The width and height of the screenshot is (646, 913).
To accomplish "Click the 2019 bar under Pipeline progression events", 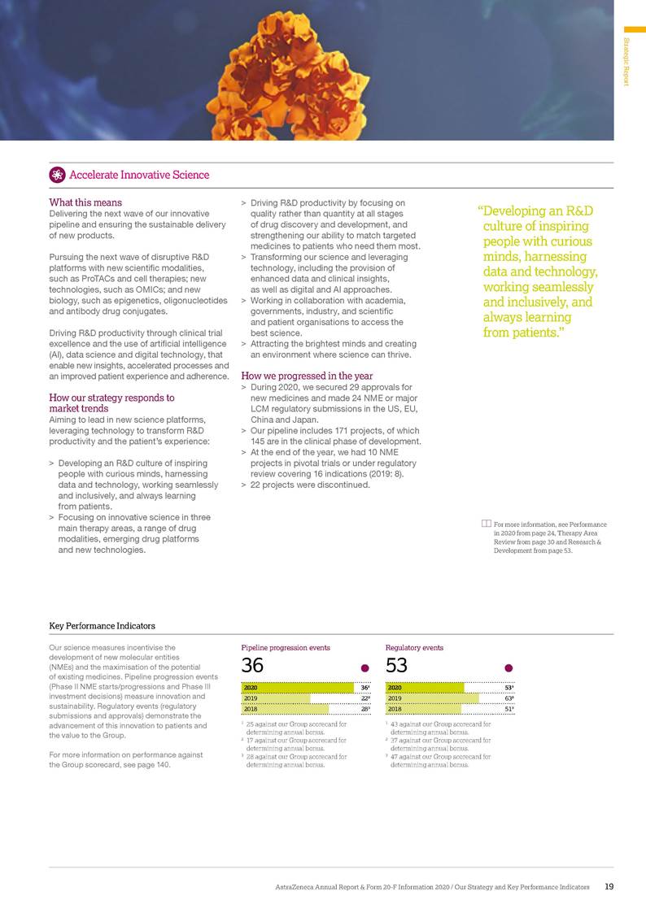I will [276, 698].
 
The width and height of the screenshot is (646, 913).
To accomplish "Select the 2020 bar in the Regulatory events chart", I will [424, 687].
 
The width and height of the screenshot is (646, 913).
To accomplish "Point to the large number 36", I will [252, 666].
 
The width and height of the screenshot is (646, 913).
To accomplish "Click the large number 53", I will [396, 666].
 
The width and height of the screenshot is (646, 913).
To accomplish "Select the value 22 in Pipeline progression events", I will [365, 698].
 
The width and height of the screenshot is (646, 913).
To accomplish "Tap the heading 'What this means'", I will [85, 202].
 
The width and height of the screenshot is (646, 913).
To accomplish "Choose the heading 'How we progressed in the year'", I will [307, 376].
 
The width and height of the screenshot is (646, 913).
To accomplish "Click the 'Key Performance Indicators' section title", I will [102, 625].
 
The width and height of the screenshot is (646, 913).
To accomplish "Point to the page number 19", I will [609, 887].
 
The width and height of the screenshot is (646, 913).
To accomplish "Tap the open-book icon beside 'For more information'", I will [486, 524].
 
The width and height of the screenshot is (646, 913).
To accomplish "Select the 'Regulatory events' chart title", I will [414, 648].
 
